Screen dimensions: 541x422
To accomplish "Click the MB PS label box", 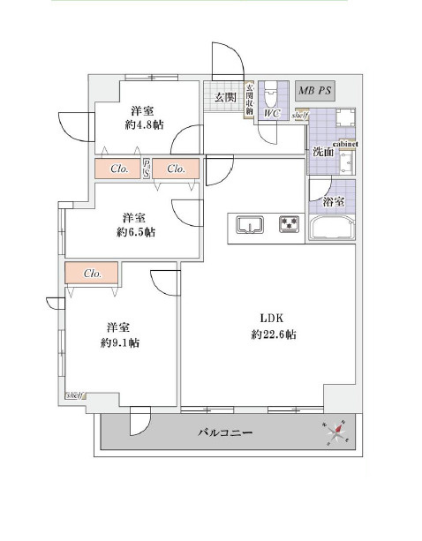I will pyautogui.click(x=315, y=90).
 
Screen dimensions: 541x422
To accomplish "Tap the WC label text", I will pyautogui.click(x=271, y=112).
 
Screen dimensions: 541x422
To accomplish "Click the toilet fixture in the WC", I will pyautogui.click(x=273, y=92).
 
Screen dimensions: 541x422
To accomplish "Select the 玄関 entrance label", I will pyautogui.click(x=224, y=98).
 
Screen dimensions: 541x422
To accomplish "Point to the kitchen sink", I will pyautogui.click(x=250, y=225).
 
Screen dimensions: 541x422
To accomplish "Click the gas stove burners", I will pyautogui.click(x=288, y=224).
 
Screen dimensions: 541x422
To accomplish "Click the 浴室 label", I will pyautogui.click(x=333, y=202).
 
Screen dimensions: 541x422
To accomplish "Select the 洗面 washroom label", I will pyautogui.click(x=322, y=152).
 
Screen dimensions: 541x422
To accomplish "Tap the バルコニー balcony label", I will pyautogui.click(x=225, y=433).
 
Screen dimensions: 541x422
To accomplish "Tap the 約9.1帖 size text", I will pyautogui.click(x=120, y=342).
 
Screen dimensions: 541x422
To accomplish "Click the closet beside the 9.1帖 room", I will pyautogui.click(x=93, y=274).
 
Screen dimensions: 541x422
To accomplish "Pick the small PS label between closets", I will pyautogui.click(x=147, y=168).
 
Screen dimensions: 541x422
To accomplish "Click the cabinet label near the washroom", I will pyautogui.click(x=344, y=145).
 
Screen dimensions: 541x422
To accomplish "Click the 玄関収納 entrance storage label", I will pyautogui.click(x=249, y=99).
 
